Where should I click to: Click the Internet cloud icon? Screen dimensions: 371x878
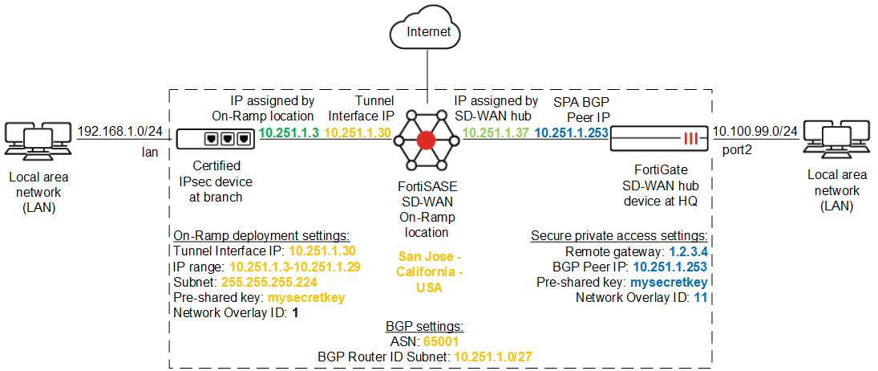pos(428,32)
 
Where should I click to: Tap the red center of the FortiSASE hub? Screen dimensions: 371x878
pos(427,140)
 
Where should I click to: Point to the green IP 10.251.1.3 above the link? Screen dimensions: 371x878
pos(290,132)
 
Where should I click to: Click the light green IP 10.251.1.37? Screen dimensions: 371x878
pos(497,132)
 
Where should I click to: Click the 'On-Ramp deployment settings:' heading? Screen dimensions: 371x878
pos(261,235)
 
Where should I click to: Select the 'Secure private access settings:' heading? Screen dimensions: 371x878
pos(619,235)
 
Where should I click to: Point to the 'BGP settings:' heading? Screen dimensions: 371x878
pos(425,327)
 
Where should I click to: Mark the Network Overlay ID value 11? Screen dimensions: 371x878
pos(701,297)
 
